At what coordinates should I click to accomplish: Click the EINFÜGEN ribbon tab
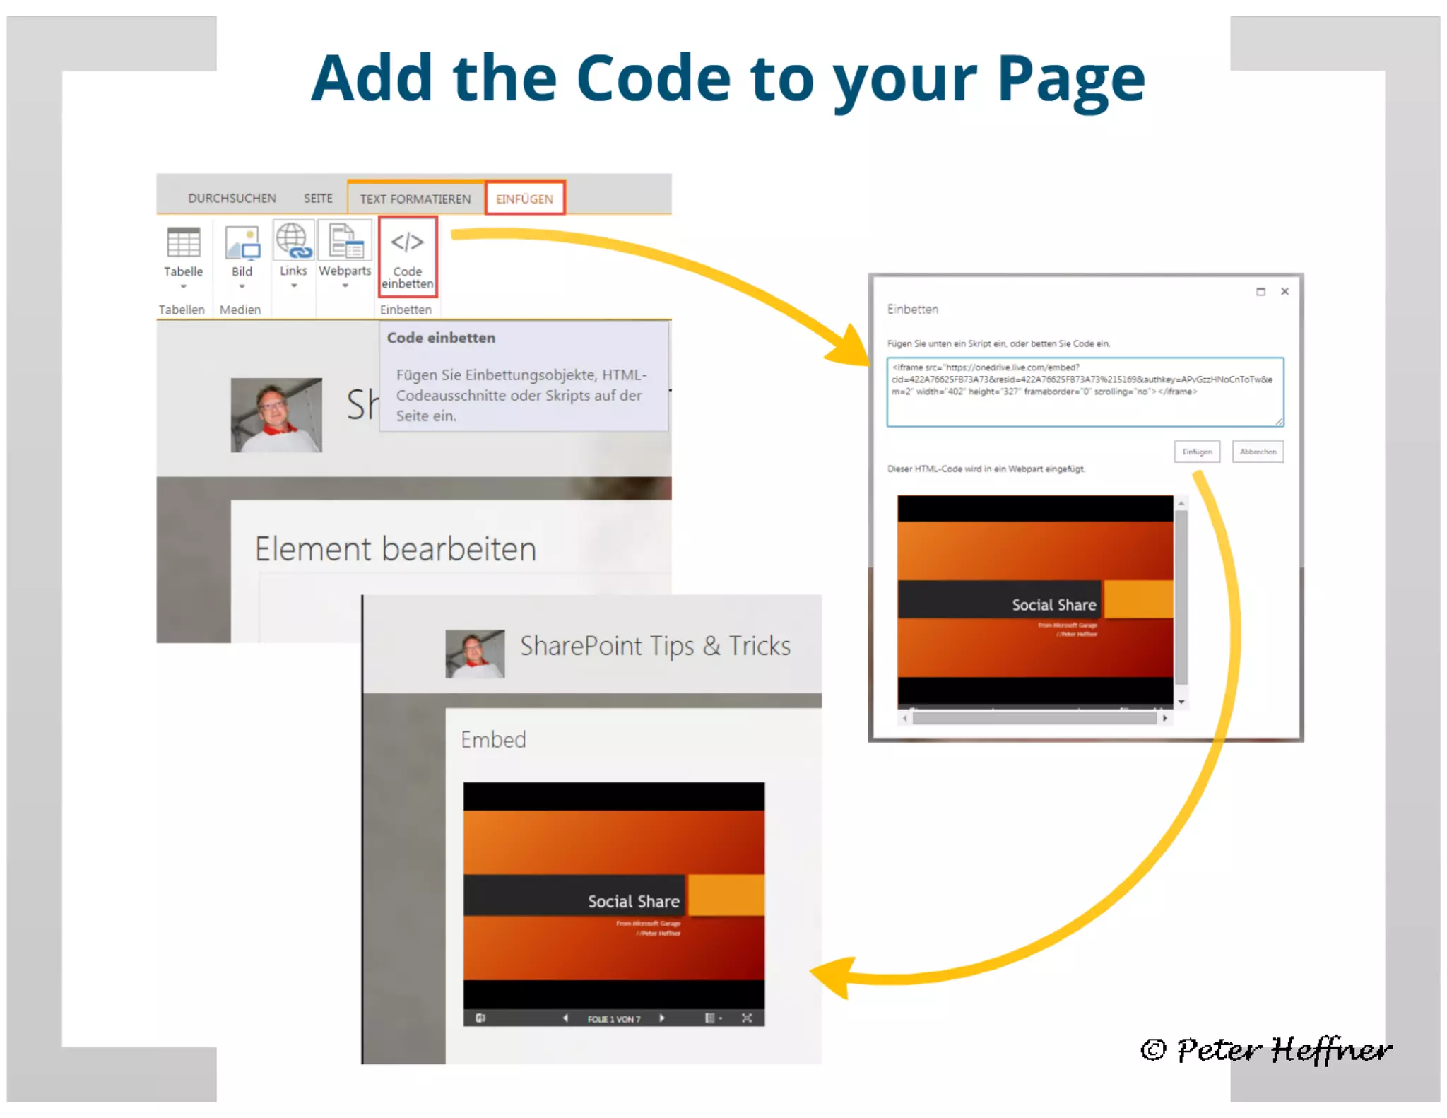[x=524, y=199]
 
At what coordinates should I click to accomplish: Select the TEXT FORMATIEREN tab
[x=415, y=199]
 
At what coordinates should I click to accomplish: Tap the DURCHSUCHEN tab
[x=232, y=198]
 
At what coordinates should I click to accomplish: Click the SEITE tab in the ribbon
[x=318, y=198]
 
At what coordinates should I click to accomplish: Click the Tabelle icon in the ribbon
[x=184, y=244]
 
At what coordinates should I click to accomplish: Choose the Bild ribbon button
[x=242, y=244]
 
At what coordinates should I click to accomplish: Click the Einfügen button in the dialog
[x=1197, y=452]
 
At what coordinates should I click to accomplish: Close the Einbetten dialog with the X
[x=1284, y=291]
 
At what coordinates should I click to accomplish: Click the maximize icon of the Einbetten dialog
[x=1260, y=291]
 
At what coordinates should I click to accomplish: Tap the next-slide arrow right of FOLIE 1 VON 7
[x=662, y=1018]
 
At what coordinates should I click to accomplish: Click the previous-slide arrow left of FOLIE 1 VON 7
[x=565, y=1018]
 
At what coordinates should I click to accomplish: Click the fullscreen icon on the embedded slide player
[x=747, y=1018]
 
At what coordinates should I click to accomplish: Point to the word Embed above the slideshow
[x=493, y=740]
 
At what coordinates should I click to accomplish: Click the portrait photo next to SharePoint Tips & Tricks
[x=475, y=654]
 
